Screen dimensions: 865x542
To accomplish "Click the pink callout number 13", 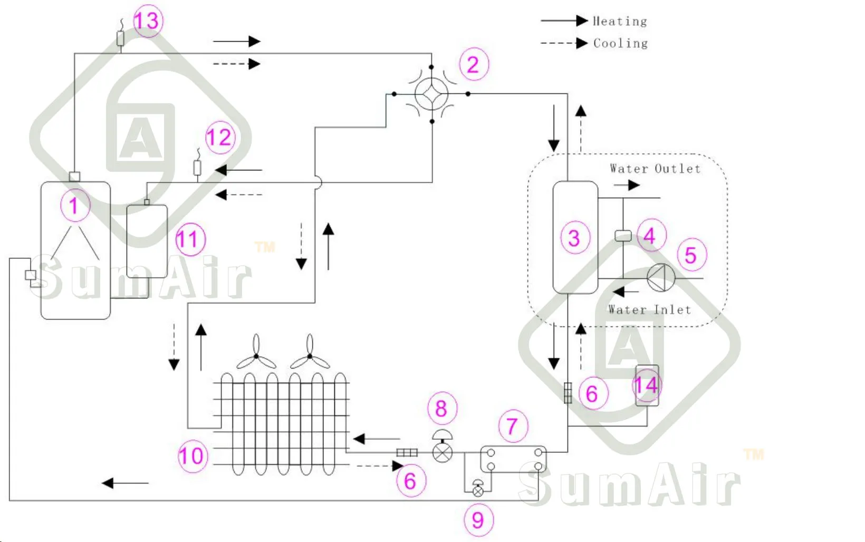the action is pos(148,21).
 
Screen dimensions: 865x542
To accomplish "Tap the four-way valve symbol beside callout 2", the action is pos(431,94).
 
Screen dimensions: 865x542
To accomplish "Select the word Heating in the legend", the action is pos(620,21).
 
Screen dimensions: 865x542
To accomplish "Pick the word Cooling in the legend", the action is pos(621,43).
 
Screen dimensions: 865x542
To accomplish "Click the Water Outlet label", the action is pos(655,169).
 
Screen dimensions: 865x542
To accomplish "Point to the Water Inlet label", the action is pos(649,309).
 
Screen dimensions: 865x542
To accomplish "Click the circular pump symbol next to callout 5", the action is pos(661,277).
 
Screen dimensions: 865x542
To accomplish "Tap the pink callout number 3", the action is pos(575,237).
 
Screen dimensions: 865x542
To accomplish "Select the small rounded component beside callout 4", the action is pos(623,236).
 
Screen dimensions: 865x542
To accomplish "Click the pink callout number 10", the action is pos(193,456).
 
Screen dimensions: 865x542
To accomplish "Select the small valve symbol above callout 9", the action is pos(478,488).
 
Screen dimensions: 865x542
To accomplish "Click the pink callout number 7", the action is pos(513,426).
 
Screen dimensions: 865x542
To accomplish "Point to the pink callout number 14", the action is pos(647,385).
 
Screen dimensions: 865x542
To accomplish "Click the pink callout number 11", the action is pos(190,239).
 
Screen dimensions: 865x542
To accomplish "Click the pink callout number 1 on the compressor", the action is pos(75,205).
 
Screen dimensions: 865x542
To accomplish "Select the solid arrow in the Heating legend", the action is pos(564,21).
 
